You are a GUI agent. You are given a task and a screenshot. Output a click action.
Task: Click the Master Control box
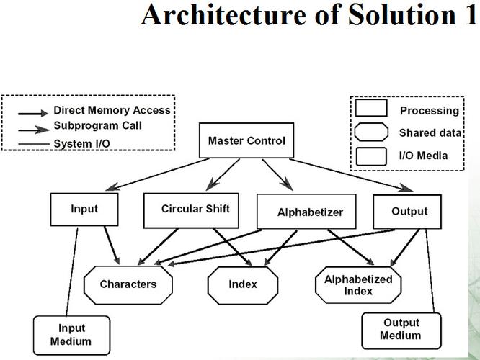246,141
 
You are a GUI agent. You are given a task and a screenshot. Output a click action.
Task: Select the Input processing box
84,210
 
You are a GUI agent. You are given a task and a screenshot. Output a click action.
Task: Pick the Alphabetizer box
310,212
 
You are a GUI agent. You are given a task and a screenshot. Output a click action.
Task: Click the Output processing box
409,212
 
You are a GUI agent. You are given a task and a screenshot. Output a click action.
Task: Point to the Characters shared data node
128,284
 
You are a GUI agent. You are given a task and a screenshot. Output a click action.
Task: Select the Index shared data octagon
243,284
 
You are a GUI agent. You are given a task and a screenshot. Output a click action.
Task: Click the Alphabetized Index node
348,284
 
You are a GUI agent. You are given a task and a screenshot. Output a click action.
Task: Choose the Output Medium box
401,330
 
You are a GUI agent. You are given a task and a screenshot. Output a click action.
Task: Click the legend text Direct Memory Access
112,111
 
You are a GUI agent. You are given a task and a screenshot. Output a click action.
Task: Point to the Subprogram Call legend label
97,126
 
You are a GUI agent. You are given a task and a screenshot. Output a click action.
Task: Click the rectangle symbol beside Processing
373,110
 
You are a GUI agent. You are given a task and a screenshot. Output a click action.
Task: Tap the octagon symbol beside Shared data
373,133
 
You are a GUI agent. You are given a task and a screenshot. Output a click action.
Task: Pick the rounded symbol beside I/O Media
373,156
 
